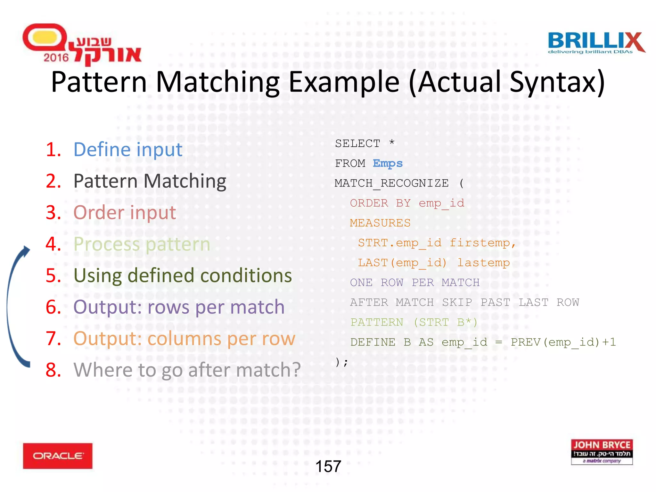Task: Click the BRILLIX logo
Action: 596,43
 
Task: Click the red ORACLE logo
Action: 58,455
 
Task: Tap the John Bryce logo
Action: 602,452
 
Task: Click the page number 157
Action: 328,466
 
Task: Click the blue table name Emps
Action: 388,163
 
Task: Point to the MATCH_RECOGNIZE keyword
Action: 391,183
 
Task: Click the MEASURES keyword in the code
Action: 380,223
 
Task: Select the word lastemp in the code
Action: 483,263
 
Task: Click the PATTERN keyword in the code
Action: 377,322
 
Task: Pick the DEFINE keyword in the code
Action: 373,342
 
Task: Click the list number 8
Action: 53,370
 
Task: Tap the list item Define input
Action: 128,150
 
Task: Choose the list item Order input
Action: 125,213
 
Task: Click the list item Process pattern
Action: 142,244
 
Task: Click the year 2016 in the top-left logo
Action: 56,58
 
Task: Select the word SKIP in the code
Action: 457,302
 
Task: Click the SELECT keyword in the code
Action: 357,143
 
